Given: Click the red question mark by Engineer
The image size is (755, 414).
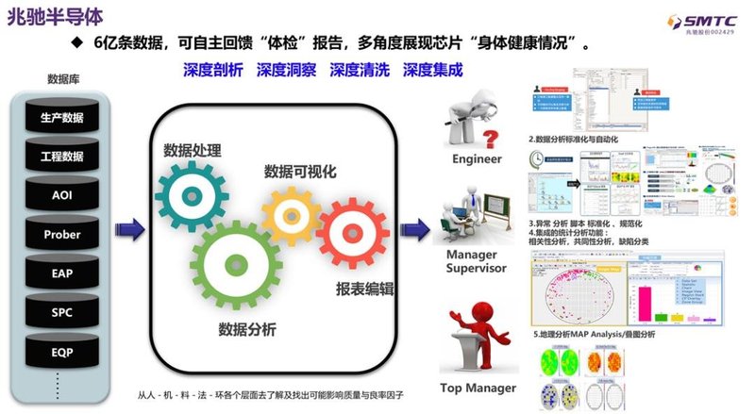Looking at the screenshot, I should pyautogui.click(x=491, y=141).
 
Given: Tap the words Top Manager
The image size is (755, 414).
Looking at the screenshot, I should pyautogui.click(x=478, y=388).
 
